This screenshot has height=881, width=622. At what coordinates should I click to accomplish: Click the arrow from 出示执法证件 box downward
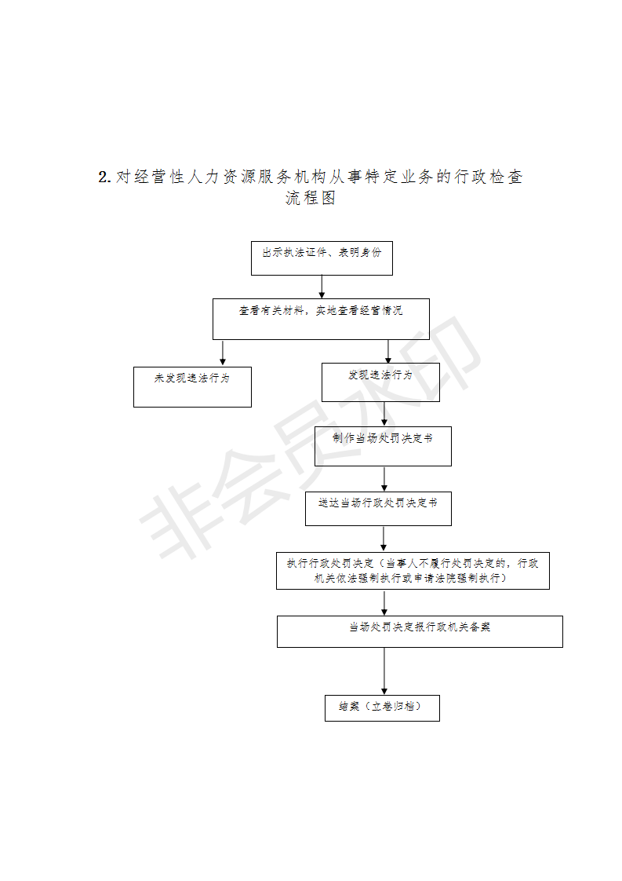click(x=322, y=287)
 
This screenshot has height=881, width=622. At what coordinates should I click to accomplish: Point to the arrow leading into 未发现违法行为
click(x=223, y=353)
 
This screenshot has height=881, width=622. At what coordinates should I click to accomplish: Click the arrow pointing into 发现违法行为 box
click(x=388, y=351)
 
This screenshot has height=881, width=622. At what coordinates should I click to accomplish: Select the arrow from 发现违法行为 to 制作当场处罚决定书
click(x=384, y=414)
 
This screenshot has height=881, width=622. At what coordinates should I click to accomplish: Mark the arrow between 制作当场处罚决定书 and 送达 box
click(x=384, y=479)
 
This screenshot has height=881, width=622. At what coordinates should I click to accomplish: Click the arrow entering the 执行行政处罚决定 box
click(x=384, y=539)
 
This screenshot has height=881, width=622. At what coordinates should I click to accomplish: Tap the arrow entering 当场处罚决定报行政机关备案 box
click(x=384, y=602)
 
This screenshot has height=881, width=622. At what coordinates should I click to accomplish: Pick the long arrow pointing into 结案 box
click(x=384, y=671)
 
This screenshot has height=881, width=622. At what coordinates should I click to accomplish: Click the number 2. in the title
click(x=105, y=177)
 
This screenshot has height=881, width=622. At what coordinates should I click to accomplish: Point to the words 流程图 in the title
click(x=311, y=198)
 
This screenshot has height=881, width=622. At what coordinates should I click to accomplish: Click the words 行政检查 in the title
click(x=488, y=177)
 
